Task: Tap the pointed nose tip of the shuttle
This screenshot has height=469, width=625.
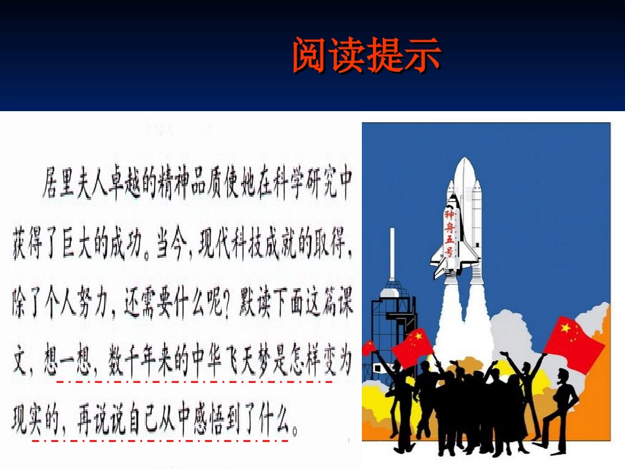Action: coord(464,159)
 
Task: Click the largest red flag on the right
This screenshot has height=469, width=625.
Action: coord(574,343)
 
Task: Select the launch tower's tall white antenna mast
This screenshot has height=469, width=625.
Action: coord(392,253)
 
